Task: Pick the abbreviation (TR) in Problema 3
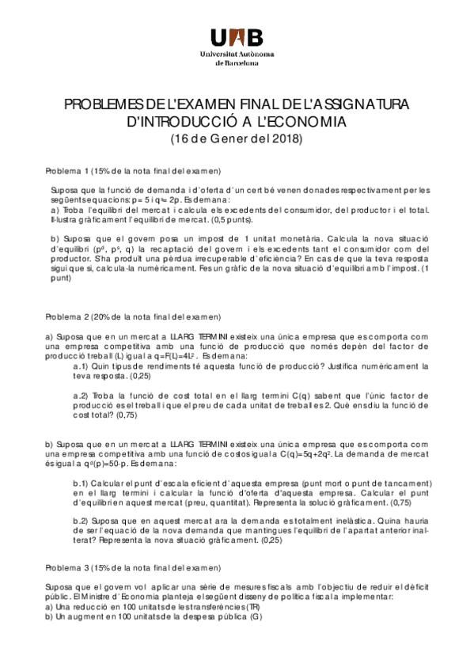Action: (x=251, y=606)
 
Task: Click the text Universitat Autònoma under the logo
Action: (x=237, y=53)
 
